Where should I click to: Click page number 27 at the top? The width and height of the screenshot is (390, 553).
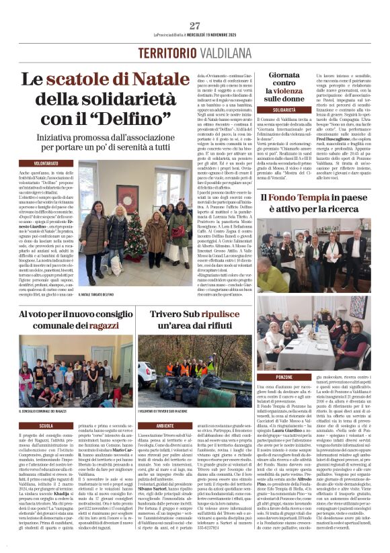click(x=195, y=26)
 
